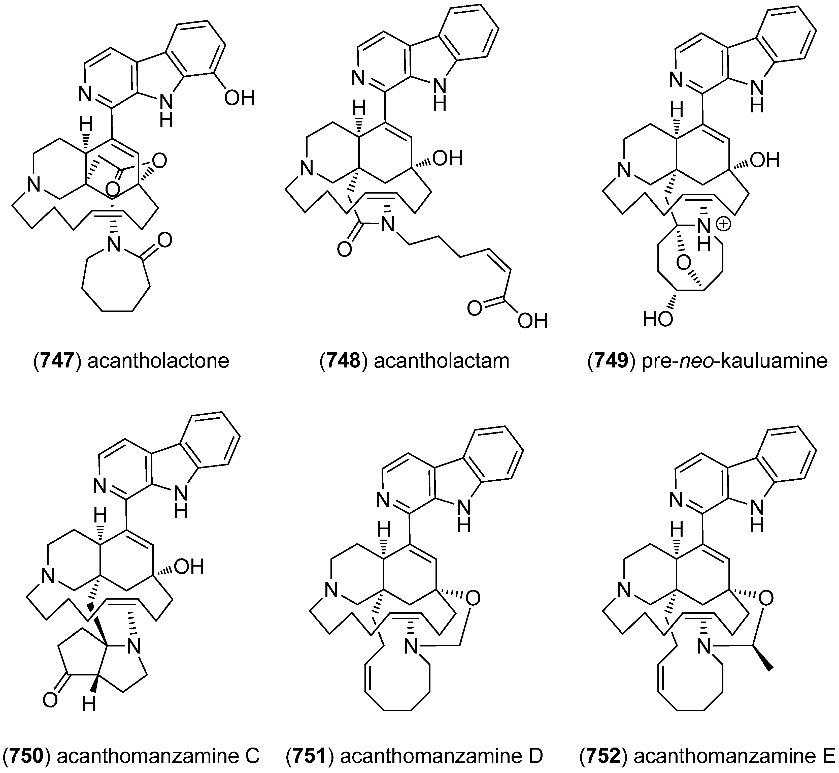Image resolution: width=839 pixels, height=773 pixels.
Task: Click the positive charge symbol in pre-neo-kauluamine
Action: (x=724, y=225)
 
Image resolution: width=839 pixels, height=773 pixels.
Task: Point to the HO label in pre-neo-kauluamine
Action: (x=658, y=320)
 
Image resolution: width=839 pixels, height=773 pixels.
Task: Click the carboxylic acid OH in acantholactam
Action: (x=532, y=321)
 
